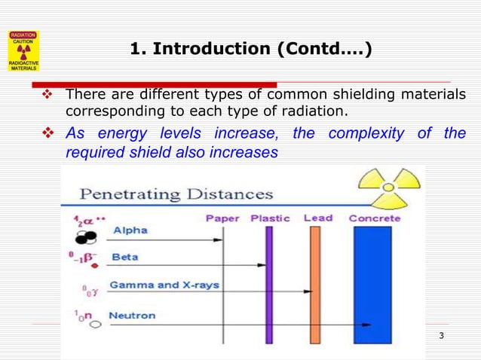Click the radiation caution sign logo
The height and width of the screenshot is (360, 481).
(x=23, y=50)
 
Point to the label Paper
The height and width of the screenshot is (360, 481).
(x=222, y=218)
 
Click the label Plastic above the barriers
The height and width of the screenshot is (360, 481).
(x=270, y=218)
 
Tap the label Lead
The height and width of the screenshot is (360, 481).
(x=317, y=218)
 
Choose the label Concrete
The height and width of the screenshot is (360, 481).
(x=375, y=218)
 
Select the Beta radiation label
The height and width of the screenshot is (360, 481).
(x=124, y=257)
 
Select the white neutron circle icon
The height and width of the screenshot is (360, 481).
(x=96, y=325)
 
